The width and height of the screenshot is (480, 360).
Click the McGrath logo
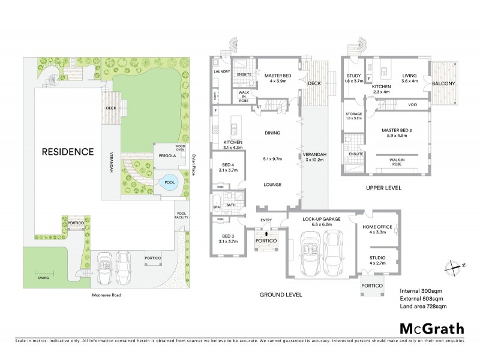click(x=431, y=328)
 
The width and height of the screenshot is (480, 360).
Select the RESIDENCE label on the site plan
click(x=67, y=152)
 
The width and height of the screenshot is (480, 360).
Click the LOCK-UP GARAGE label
click(x=321, y=219)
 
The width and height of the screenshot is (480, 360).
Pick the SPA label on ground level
click(x=216, y=207)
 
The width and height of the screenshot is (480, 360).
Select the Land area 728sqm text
click(x=423, y=307)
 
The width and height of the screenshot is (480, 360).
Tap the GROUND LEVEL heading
click(x=281, y=295)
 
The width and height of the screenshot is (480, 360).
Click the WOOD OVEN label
click(x=180, y=148)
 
